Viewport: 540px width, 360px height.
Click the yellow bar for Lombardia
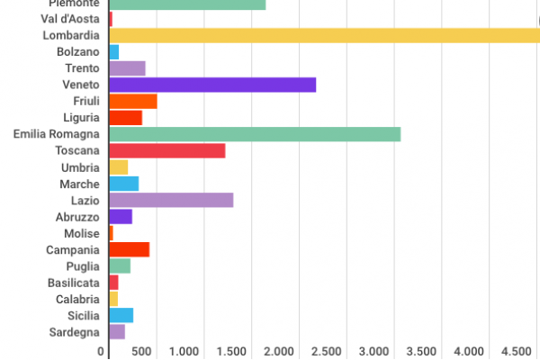324,35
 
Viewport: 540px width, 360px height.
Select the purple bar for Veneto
212,85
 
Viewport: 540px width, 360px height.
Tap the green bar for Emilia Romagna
255,134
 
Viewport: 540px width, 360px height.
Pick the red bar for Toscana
166,150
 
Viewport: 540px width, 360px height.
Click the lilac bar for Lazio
171,200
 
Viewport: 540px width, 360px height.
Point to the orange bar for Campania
129,249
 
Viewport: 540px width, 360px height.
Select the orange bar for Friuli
132,101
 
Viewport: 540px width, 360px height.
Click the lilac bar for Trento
127,68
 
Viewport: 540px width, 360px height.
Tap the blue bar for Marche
123,184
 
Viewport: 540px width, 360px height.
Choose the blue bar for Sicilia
121,315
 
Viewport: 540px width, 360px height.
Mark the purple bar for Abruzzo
120,216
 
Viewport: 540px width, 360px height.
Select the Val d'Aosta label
70,19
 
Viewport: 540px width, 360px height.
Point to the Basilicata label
74,283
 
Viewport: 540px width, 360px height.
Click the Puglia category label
83,266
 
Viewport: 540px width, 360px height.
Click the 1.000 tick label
184,351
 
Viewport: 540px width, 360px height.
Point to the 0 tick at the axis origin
102,351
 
